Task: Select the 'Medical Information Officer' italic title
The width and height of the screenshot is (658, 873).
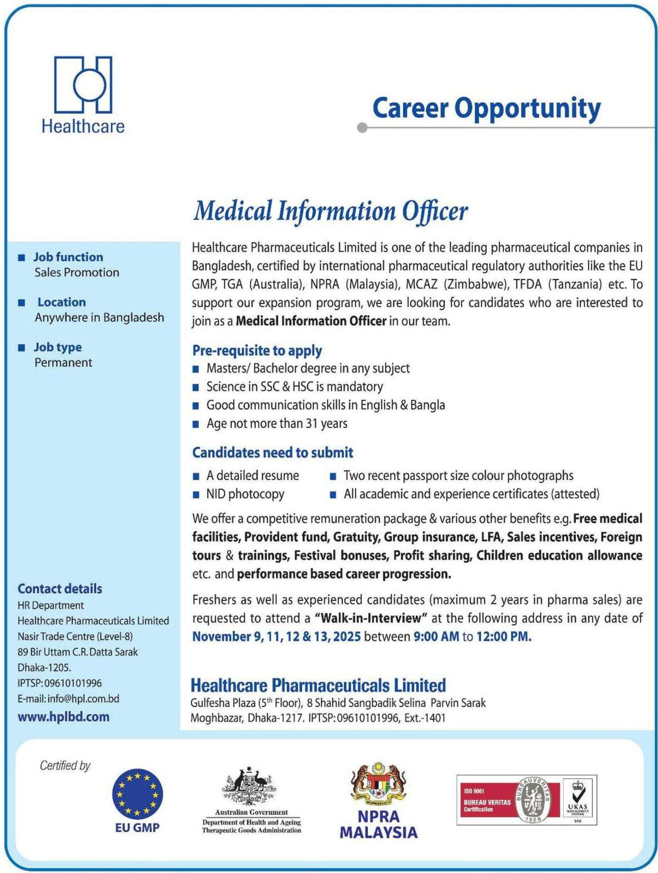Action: pos(330,212)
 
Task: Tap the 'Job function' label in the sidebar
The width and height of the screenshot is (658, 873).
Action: pos(68,257)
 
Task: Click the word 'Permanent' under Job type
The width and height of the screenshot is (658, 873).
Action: pos(63,362)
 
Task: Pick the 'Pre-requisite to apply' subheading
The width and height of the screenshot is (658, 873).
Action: pos(257,351)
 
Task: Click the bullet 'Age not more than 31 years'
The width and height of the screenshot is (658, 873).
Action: pos(276,423)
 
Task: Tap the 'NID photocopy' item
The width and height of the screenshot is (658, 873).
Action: pos(245,494)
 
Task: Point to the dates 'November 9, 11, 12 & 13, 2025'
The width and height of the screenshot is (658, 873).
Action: pos(276,636)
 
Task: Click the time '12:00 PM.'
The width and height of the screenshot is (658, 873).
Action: pos(504,636)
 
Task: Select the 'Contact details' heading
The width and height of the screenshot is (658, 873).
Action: pos(60,589)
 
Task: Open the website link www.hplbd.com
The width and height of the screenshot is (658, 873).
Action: pos(64,717)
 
